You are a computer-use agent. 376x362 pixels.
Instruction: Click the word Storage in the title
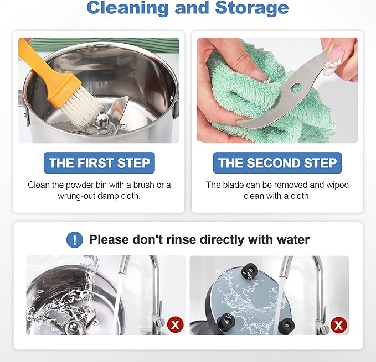252,8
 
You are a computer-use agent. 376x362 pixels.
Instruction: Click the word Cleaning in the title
127,8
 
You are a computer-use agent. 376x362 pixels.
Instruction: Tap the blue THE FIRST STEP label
99,162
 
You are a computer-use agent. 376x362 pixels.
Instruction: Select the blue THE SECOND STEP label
277,162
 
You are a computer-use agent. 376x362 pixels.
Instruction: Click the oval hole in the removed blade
296,87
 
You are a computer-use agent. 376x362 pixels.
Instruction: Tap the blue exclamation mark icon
75,239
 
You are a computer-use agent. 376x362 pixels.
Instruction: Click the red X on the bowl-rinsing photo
176,324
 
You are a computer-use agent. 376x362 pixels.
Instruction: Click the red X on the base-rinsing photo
338,325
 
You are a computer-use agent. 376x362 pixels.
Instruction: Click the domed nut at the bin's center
101,119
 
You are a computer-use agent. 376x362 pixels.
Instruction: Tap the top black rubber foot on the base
250,270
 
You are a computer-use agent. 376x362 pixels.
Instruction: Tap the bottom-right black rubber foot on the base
286,326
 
